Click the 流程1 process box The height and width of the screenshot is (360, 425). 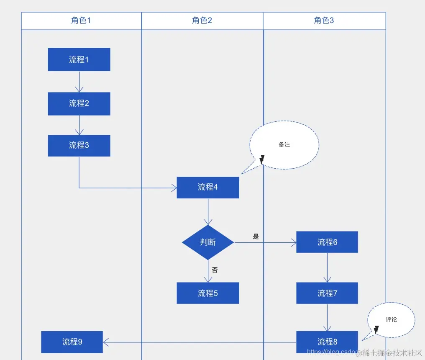tap(79, 59)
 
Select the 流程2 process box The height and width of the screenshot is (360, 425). tap(79, 103)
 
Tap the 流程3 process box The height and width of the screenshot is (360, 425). tap(79, 145)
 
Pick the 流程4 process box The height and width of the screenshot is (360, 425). tap(208, 187)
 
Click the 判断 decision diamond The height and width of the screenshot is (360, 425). tap(208, 242)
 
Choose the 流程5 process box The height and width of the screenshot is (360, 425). tap(208, 293)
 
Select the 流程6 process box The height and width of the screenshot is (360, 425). tap(327, 242)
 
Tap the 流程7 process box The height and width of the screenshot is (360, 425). tap(327, 293)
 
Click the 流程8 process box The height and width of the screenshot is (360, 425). tap(327, 342)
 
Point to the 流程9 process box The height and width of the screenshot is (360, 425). tap(72, 342)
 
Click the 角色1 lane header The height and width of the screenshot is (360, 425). tap(81, 21)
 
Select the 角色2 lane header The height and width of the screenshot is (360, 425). tap(202, 21)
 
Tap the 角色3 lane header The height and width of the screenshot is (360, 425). tap(324, 21)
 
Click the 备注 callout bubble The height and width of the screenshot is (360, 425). tap(284, 145)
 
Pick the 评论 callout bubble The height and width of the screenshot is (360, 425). tap(391, 320)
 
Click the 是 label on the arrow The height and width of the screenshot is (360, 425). tap(256, 237)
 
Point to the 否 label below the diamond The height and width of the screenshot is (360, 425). tap(215, 270)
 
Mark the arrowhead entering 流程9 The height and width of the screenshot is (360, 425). tap(106, 342)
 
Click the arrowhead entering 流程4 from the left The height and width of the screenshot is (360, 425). tap(174, 188)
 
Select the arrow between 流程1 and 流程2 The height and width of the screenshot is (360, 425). tap(79, 82)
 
